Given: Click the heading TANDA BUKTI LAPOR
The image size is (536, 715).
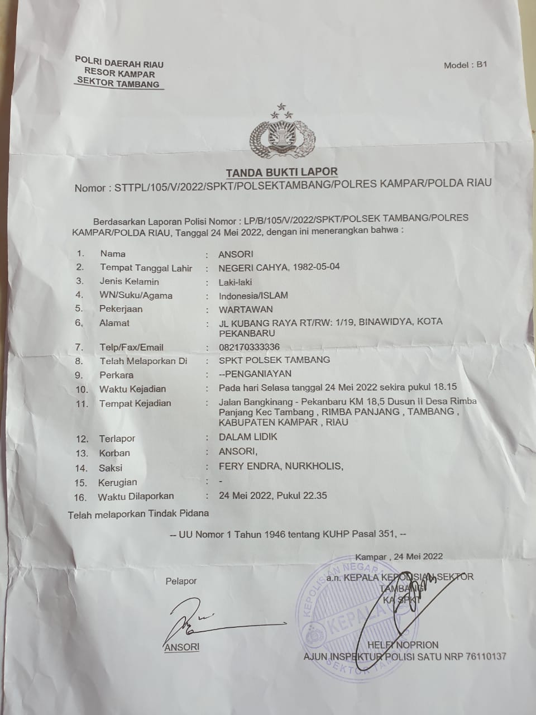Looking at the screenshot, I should (281, 172).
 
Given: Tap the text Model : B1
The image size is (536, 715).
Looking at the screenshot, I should (466, 65).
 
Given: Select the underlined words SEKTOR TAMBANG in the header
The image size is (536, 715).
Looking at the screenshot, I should (118, 84).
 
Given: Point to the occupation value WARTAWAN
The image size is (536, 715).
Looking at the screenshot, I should (246, 309).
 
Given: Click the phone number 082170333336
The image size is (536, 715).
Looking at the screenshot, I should (249, 347).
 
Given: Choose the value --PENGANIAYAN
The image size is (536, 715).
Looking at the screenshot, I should (255, 374).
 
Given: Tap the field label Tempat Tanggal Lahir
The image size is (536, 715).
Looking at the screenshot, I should (146, 268).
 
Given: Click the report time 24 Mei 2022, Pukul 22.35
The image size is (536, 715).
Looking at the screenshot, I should (273, 495).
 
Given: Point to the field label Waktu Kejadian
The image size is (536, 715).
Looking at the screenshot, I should (132, 389).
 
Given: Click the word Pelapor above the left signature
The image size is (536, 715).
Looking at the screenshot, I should (181, 581).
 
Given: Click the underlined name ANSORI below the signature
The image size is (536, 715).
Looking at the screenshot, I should (182, 647).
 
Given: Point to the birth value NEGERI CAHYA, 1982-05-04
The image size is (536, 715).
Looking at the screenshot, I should (279, 267).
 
